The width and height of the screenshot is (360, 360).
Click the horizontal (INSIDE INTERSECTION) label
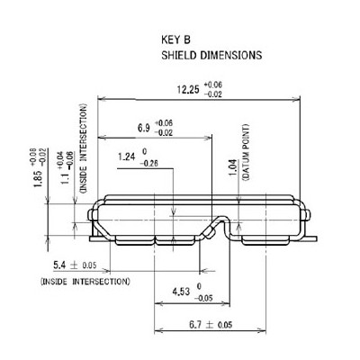tap(85, 282)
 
